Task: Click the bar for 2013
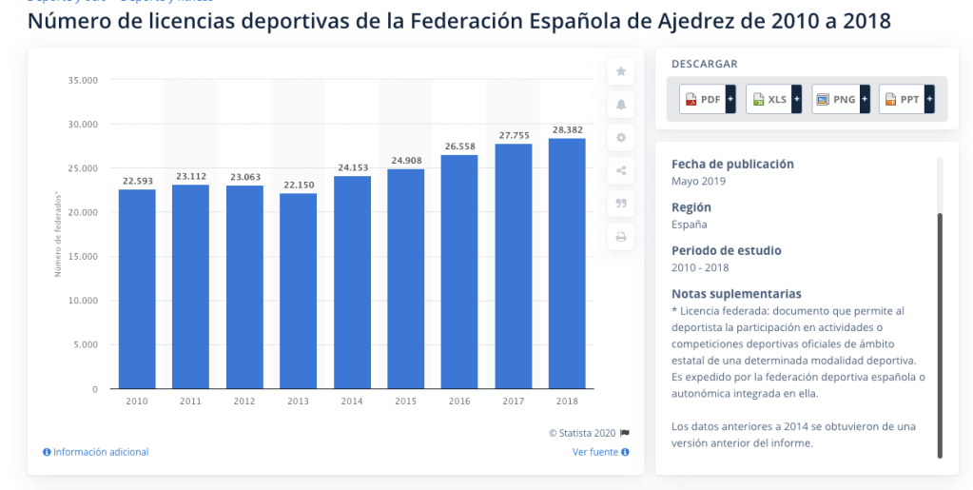coord(298,291)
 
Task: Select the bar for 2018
coord(567,264)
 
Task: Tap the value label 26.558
coord(459,147)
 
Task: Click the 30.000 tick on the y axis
coord(83,125)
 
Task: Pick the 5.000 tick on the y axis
coord(86,345)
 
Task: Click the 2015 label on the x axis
coord(406,402)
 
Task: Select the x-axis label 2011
coord(190,402)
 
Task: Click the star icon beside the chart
coord(621,71)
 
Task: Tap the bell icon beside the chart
coord(621,105)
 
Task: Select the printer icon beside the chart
coord(621,237)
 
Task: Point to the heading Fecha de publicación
coord(732,164)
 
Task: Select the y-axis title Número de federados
coord(58,234)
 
